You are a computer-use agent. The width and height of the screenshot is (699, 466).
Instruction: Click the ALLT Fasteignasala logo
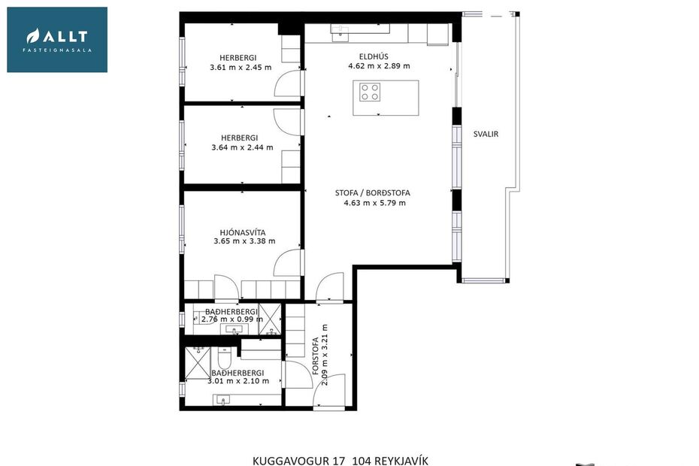click(x=57, y=40)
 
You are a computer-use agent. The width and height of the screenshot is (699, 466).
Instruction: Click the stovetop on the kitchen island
click(x=369, y=92)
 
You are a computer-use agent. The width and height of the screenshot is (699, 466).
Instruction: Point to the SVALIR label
click(x=486, y=135)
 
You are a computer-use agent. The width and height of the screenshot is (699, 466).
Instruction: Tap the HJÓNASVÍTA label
click(x=238, y=231)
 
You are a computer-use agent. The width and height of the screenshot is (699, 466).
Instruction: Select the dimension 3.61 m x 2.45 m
click(x=241, y=68)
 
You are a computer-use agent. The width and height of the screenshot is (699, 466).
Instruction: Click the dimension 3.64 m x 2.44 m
click(x=242, y=148)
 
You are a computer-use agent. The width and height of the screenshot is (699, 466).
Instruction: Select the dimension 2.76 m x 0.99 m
click(x=231, y=319)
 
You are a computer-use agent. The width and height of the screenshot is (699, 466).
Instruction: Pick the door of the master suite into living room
click(x=287, y=264)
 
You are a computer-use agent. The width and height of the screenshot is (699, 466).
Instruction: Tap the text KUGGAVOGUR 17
click(x=298, y=460)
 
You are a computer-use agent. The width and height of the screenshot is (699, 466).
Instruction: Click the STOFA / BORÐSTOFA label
click(x=373, y=193)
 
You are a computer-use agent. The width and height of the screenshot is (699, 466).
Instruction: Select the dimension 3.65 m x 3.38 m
click(x=244, y=241)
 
